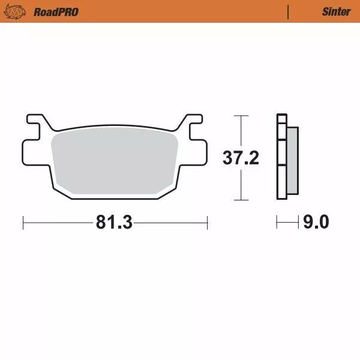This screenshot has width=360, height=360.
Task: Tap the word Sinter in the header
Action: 336,11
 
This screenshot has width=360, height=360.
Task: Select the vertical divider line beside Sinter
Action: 289,11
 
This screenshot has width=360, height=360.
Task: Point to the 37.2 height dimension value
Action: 241,158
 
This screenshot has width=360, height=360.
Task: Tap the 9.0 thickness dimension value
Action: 316,223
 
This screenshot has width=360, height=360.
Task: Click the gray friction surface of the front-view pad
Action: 114,162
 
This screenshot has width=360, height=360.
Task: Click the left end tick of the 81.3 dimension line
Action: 23,223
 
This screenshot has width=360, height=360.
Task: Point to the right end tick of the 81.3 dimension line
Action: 207,223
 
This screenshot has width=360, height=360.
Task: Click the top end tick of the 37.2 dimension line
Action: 241,115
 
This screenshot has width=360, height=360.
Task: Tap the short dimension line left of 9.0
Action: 287,223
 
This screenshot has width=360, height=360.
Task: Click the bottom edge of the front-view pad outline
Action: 114,199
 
